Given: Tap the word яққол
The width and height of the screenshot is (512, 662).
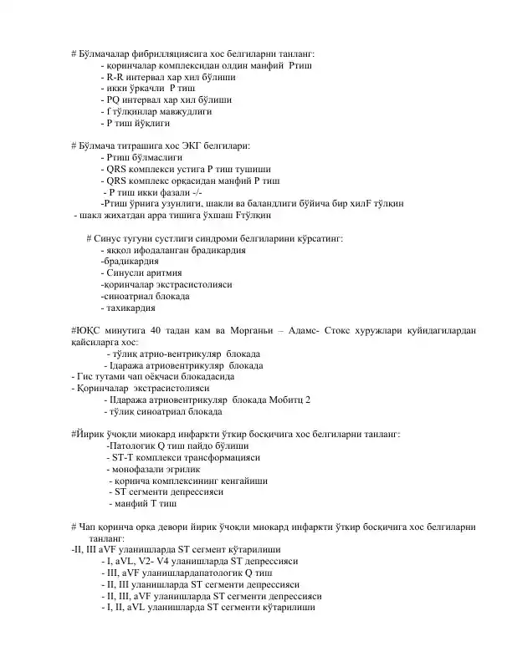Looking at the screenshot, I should [x=120, y=250].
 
